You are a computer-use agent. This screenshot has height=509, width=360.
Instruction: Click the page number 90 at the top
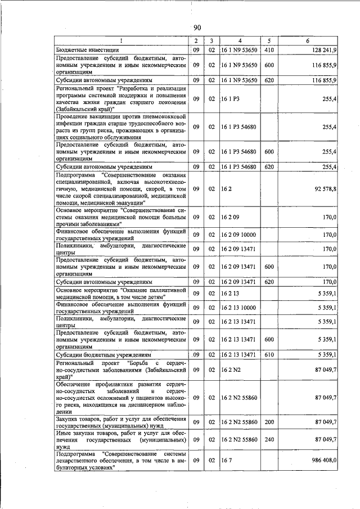click(x=197, y=28)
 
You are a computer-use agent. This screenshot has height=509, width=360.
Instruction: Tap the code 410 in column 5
click(x=269, y=51)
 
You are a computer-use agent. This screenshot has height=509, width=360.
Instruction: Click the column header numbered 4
click(x=240, y=41)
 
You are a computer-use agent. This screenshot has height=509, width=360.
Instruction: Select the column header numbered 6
click(x=307, y=41)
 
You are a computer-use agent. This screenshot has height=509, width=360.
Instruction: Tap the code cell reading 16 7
click(x=227, y=460)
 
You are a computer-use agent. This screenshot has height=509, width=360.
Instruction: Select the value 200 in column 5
click(x=269, y=422)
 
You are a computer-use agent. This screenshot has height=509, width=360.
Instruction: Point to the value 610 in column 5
click(x=269, y=355)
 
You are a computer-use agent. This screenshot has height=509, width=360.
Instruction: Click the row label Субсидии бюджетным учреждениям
click(x=104, y=355)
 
